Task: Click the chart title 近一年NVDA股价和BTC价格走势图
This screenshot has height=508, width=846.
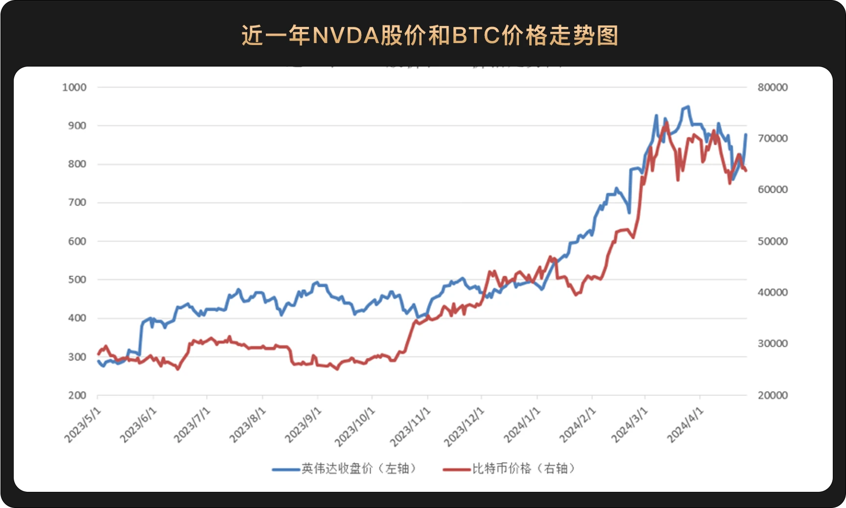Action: pos(430,35)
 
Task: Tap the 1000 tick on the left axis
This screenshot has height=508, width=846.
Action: pos(74,88)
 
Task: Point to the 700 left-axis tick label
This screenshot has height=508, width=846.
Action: pos(77,203)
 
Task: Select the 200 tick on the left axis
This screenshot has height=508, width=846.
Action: pos(77,395)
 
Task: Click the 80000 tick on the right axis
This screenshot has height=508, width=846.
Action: pos(773,88)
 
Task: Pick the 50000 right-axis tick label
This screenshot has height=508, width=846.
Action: pos(773,241)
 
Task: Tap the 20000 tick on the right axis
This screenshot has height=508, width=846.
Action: pos(773,395)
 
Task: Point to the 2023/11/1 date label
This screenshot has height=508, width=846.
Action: pos(410,427)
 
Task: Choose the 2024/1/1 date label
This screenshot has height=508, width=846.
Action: pos(522,425)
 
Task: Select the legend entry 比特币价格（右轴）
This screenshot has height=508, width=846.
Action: pos(509,469)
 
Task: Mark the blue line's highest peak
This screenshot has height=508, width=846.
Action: pos(688,106)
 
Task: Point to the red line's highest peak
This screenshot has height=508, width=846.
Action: pos(666,122)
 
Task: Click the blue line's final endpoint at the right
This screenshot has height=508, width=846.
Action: pos(746,134)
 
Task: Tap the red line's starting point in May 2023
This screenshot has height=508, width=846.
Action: pos(98,354)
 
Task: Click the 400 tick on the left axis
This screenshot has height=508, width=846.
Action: pos(77,318)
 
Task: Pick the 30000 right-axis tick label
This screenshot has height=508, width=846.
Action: pos(773,344)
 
